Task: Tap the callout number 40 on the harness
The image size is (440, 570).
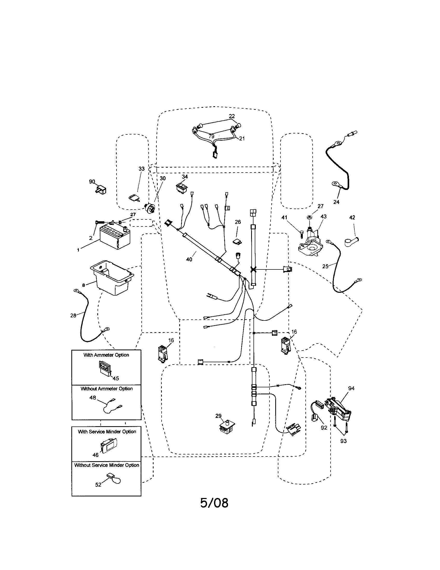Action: tap(189, 259)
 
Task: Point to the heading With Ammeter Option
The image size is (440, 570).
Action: tap(106, 355)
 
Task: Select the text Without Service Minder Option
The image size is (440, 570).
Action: tap(107, 465)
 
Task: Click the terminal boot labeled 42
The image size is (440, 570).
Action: tap(351, 242)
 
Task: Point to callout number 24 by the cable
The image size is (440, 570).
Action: tap(336, 202)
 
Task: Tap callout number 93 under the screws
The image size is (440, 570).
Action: tap(343, 441)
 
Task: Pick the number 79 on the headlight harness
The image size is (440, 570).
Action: tap(211, 136)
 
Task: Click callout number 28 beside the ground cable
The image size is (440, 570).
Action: tap(73, 316)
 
